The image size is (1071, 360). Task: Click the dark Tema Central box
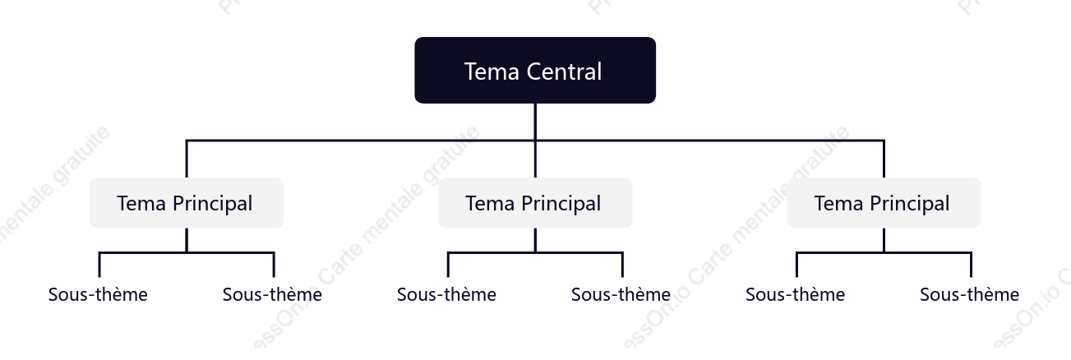pos(535,71)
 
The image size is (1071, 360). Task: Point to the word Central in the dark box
pos(564,72)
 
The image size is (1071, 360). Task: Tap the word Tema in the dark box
pos(492,72)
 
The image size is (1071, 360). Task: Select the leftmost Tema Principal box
pos(187,203)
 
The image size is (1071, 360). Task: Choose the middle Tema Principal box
pos(535,203)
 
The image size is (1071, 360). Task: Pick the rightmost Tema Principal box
pos(884,203)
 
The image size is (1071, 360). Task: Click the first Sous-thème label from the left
pos(98,294)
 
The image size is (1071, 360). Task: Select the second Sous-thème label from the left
pos(272,294)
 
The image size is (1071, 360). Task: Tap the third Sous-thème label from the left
pos(446,294)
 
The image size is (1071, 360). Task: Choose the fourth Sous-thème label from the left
pos(621,294)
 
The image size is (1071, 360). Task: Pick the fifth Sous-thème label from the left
pos(795,294)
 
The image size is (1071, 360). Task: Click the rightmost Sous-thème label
pos(969,294)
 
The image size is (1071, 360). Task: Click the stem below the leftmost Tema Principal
pos(187,240)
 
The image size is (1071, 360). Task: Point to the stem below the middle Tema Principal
pos(535,240)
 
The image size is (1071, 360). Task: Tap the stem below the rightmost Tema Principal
pos(884,240)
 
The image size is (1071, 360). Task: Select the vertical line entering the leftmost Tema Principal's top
pos(187,159)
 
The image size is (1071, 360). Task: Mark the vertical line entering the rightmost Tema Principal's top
pos(884,159)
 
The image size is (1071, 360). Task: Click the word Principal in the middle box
pos(561,204)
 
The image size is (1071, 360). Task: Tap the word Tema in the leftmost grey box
pos(141,203)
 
